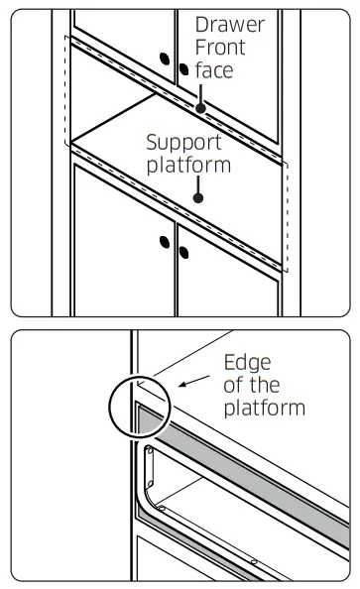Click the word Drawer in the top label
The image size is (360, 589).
(x=230, y=25)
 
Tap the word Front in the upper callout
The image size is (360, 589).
(x=220, y=48)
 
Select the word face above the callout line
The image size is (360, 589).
(x=214, y=70)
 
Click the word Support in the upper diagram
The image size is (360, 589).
(x=183, y=143)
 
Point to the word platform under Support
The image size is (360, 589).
(x=188, y=166)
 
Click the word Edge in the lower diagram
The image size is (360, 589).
(x=247, y=363)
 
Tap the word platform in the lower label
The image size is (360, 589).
(x=265, y=408)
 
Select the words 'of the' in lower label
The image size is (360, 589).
(x=252, y=386)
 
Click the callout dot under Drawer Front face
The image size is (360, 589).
(x=200, y=108)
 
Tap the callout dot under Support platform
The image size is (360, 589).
(x=198, y=198)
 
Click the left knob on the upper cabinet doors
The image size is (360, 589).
(x=165, y=59)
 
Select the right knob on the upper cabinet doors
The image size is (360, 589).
(x=183, y=69)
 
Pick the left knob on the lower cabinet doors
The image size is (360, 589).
(x=165, y=242)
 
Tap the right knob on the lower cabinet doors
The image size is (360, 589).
(x=183, y=253)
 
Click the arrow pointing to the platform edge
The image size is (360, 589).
(x=194, y=381)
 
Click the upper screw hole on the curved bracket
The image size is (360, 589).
(x=150, y=451)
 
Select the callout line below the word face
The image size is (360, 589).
(x=200, y=94)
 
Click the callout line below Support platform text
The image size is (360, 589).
(x=198, y=185)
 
